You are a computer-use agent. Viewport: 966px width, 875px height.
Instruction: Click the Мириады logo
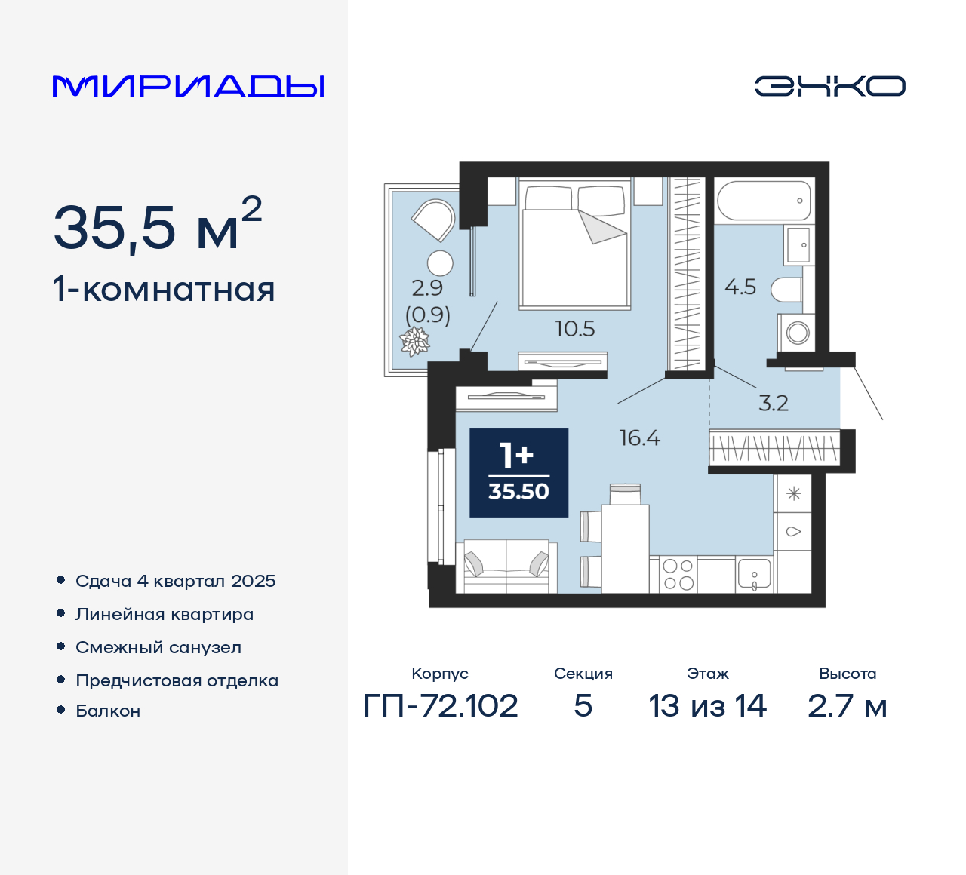click(189, 86)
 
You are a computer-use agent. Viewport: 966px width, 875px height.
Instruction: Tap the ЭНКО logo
click(829, 86)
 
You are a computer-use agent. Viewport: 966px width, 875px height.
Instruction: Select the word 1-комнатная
click(164, 290)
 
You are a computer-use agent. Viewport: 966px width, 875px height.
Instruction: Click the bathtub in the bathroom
click(764, 200)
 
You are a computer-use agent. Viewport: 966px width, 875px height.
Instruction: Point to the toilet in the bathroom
click(787, 289)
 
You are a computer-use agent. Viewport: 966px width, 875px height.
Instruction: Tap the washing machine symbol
click(797, 332)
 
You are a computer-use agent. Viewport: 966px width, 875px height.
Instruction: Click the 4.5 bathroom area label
click(740, 287)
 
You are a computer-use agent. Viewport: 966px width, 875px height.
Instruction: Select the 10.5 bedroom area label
click(574, 329)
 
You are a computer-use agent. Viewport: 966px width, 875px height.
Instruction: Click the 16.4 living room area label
click(639, 437)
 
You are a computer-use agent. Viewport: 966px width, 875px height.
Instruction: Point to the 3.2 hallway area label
click(773, 403)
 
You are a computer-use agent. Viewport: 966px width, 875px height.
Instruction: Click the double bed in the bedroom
click(575, 247)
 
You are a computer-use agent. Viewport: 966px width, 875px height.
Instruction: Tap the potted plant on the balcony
click(414, 342)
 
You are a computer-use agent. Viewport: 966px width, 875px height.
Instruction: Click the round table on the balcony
click(440, 263)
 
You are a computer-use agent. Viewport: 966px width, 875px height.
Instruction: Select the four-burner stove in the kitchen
click(678, 575)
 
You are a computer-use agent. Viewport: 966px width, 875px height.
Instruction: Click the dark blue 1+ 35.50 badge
click(518, 473)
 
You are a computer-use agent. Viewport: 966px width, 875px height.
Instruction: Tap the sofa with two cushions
click(506, 566)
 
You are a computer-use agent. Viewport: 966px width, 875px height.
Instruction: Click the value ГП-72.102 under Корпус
click(441, 706)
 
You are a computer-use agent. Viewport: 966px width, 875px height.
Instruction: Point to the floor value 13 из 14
click(707, 706)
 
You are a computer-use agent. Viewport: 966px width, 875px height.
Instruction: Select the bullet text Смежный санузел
click(158, 647)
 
